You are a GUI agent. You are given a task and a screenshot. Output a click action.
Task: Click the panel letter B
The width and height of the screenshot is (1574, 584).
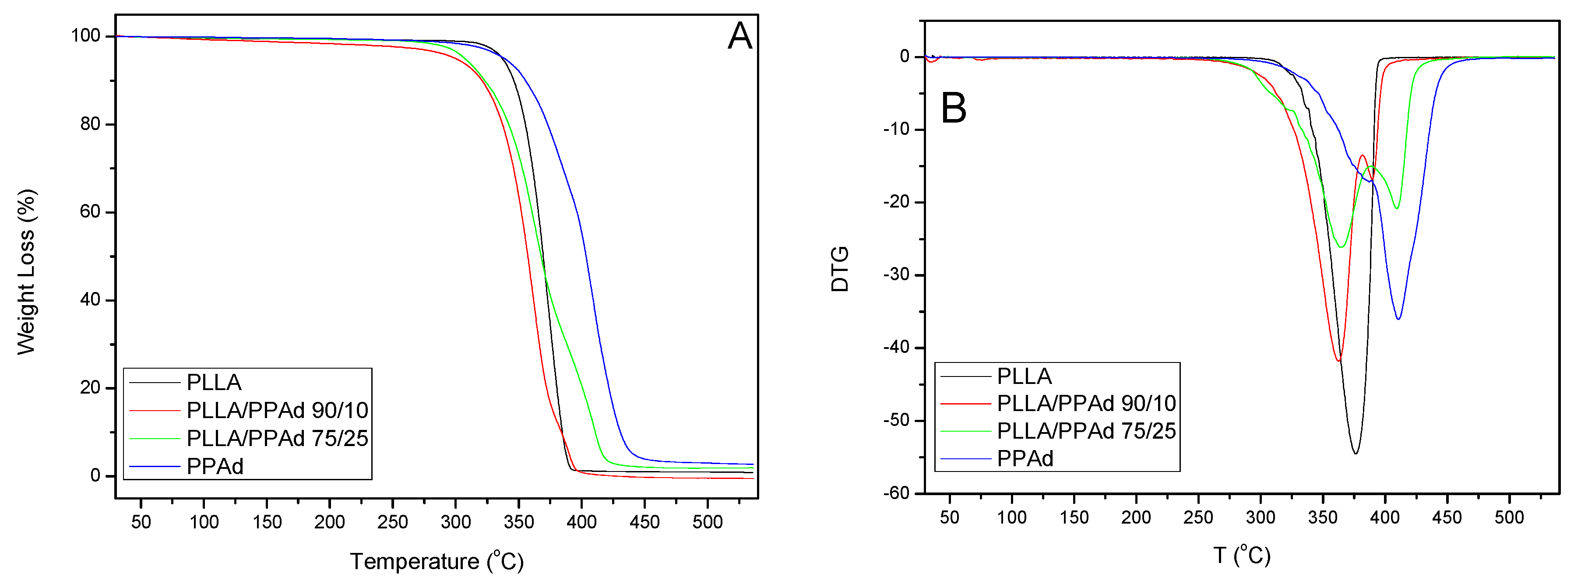coord(953,108)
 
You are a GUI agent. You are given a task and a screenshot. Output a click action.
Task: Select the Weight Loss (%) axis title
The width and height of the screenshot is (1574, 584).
coord(26,272)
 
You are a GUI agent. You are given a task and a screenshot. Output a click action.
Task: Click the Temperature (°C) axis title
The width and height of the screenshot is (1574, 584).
coord(436,561)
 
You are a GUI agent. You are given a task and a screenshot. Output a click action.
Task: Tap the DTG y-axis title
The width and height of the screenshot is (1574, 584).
coord(840,269)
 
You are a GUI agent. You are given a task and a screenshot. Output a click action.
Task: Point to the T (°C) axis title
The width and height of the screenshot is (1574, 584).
coord(1242,555)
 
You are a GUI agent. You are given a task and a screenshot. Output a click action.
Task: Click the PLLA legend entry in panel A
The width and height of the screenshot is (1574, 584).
coord(214,383)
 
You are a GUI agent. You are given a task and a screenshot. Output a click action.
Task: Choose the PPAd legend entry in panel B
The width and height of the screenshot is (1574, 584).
coord(1025,459)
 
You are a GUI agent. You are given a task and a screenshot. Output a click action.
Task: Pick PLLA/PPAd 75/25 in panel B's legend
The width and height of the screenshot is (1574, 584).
coord(1086,431)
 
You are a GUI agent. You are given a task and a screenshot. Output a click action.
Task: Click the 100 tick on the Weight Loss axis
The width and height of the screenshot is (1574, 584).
coord(85,36)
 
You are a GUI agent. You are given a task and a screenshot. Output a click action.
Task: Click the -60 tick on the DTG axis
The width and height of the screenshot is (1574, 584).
coord(896,493)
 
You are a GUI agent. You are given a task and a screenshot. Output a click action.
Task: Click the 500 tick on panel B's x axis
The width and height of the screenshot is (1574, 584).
coord(1509,517)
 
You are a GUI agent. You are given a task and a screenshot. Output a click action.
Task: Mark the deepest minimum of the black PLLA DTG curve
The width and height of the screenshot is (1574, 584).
coord(1355,453)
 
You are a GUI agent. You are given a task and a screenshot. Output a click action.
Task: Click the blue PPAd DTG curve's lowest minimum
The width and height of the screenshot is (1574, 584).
coord(1398,319)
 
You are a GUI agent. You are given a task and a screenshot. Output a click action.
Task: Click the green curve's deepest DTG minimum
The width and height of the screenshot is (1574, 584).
coord(1341,247)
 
